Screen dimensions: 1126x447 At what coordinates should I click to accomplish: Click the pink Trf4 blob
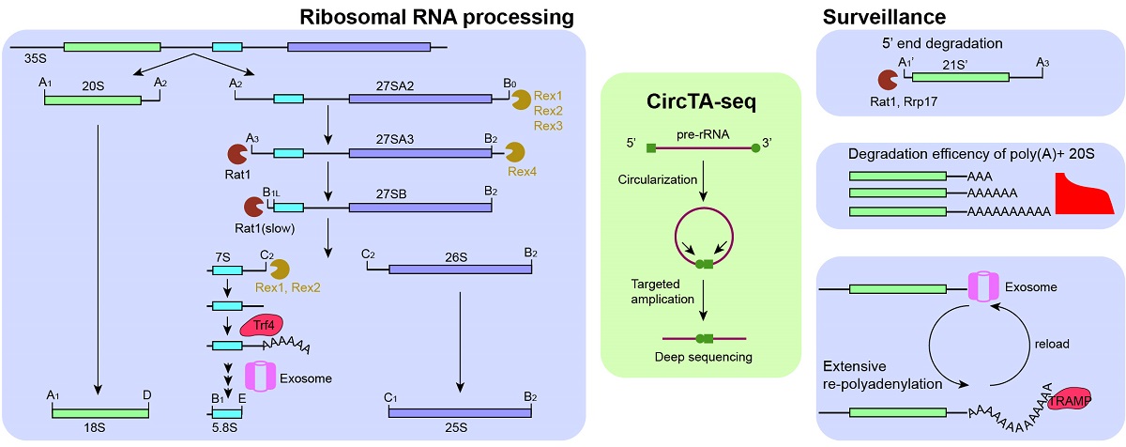(x=262, y=326)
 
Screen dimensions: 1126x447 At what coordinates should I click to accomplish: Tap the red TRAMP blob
(x=1071, y=401)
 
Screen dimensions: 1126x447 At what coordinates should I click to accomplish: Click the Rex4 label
(x=522, y=172)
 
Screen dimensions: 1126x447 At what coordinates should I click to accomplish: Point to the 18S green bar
(x=100, y=413)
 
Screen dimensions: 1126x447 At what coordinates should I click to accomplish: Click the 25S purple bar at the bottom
(x=460, y=413)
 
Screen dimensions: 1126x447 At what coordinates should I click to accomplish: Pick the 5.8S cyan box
(x=227, y=413)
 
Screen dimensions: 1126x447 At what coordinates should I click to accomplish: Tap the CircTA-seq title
(x=701, y=101)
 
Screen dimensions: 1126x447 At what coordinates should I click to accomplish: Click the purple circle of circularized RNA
(x=704, y=208)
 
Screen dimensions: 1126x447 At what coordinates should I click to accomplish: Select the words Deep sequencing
(x=703, y=357)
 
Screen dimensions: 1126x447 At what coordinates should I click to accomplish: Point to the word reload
(x=1052, y=344)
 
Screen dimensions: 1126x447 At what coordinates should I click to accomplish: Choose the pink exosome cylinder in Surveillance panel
(x=983, y=286)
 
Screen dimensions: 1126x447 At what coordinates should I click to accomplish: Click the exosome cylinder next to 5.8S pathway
(x=261, y=377)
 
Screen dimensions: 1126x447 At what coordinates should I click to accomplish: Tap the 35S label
(x=36, y=58)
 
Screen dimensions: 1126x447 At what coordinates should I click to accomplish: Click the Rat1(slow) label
(x=265, y=228)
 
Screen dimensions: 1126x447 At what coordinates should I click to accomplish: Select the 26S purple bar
(x=461, y=270)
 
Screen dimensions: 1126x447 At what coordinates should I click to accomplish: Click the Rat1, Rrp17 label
(x=904, y=101)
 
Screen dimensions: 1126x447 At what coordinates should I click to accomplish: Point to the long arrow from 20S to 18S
(x=98, y=260)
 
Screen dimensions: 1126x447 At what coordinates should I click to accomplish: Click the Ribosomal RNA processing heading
(x=436, y=17)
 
